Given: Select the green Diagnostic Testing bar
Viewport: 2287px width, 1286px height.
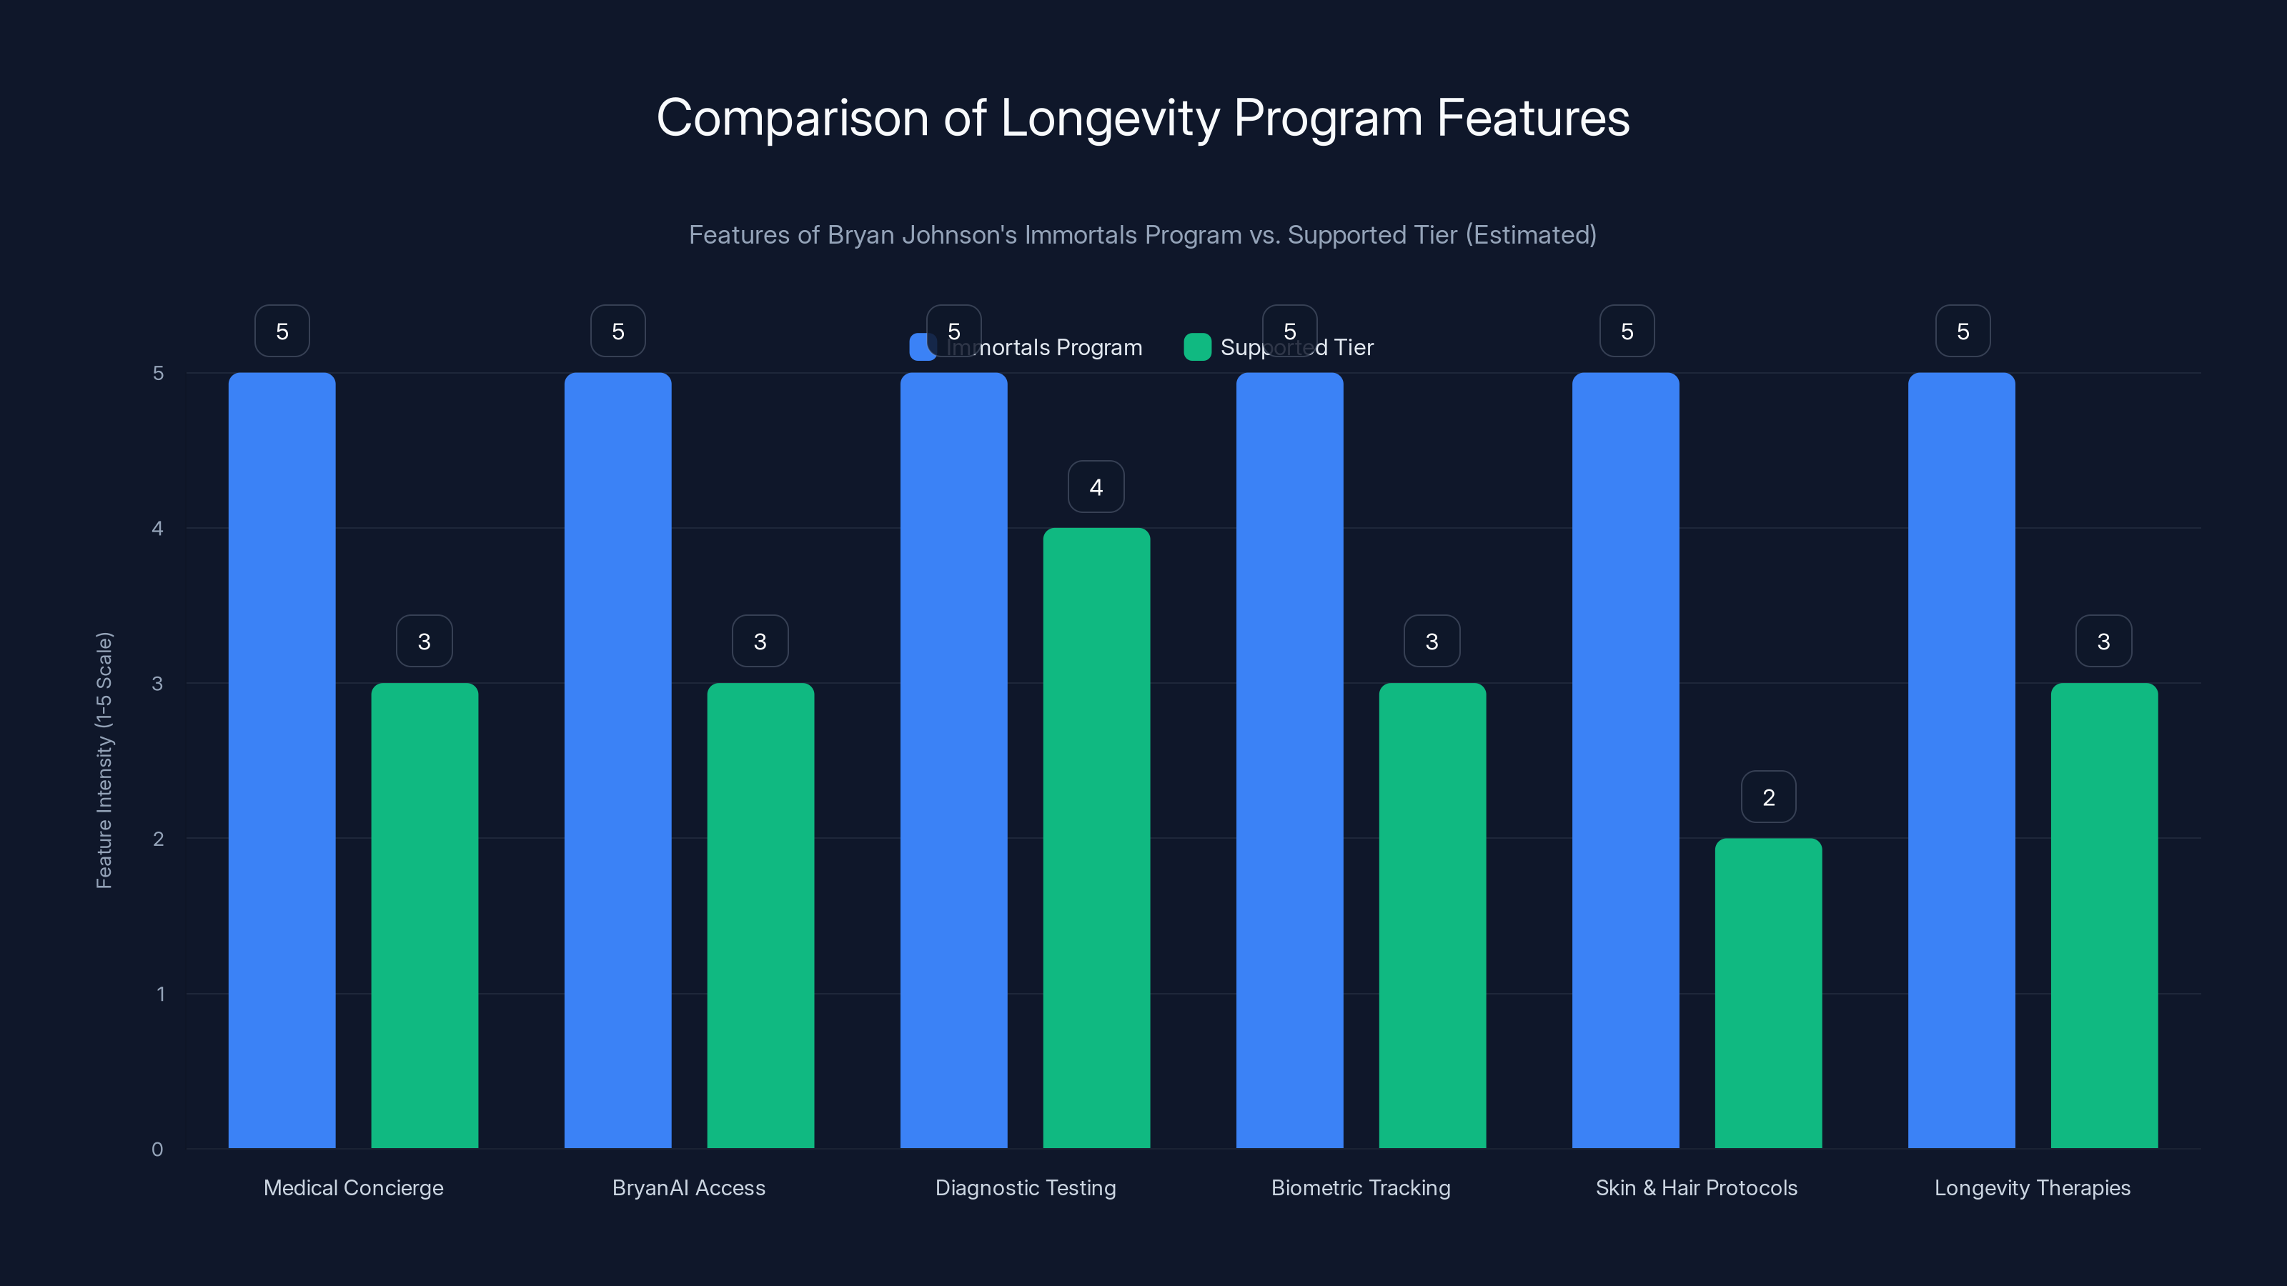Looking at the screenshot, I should tap(1096, 838).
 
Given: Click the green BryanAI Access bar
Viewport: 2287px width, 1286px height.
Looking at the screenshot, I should tap(760, 915).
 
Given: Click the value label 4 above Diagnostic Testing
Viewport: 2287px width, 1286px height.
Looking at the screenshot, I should tap(1096, 487).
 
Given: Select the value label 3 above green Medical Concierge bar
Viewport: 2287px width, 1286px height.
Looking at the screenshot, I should tap(424, 641).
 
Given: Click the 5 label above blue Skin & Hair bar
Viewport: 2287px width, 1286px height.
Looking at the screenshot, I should tap(1627, 331).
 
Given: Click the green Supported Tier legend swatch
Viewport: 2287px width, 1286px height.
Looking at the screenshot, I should tap(1197, 347).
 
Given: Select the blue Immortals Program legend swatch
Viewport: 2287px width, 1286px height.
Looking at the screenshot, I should tap(920, 347).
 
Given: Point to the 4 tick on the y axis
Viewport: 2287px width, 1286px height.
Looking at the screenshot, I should tap(158, 528).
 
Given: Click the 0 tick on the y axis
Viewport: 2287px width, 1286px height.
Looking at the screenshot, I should tap(158, 1150).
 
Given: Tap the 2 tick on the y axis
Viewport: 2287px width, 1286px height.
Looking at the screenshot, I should tap(158, 839).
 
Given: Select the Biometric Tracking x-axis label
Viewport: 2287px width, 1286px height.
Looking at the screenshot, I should tap(1360, 1187).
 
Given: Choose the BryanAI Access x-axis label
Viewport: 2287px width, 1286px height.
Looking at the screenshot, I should tap(688, 1187).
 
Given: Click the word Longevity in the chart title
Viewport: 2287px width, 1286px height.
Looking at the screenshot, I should tap(1110, 118).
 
